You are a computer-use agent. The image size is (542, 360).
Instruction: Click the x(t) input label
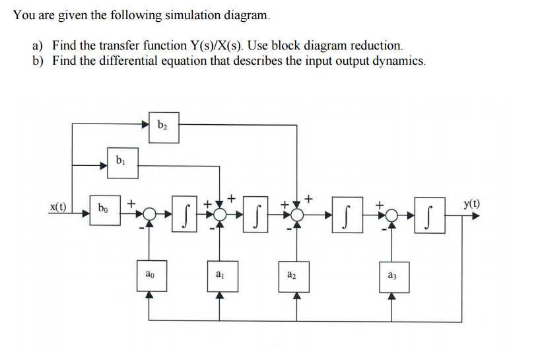[x=59, y=207]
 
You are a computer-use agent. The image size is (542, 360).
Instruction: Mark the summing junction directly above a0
[x=151, y=213]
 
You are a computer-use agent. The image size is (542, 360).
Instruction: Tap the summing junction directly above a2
[x=296, y=213]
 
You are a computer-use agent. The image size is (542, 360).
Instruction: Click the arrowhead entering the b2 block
[x=145, y=124]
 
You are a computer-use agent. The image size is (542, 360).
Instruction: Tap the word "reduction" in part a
[x=375, y=46]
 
